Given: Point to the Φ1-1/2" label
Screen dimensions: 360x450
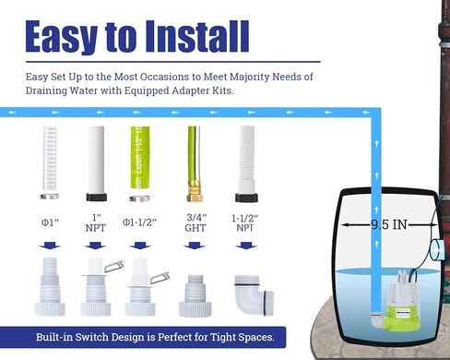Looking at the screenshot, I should coord(141,222).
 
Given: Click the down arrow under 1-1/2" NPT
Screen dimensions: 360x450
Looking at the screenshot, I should coord(244,246).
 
